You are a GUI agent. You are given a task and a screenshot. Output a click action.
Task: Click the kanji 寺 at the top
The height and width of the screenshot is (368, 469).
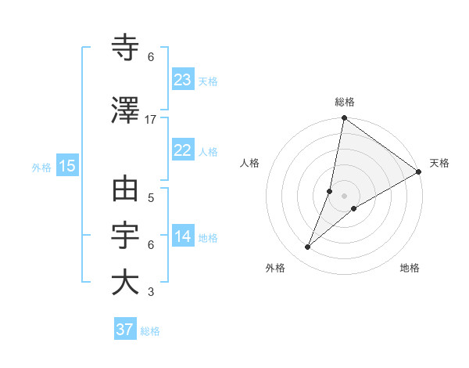(x=125, y=49)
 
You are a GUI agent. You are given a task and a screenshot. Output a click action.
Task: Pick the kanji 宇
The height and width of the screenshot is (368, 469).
(x=125, y=236)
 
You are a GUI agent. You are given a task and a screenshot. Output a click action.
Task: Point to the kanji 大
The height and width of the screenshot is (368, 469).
(x=125, y=283)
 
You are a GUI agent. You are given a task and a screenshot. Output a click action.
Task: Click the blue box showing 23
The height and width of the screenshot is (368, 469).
(x=182, y=80)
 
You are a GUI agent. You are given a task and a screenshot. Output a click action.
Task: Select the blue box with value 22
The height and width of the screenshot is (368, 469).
(x=182, y=150)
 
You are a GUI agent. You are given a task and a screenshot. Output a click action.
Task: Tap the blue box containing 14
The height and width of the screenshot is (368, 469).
(x=182, y=236)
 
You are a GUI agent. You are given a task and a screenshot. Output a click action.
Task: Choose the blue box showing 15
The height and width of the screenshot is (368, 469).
(x=66, y=166)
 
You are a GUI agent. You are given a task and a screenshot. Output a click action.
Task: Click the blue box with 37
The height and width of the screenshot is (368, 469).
(x=124, y=330)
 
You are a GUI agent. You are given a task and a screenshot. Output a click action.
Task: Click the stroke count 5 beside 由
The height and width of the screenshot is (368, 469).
(x=151, y=197)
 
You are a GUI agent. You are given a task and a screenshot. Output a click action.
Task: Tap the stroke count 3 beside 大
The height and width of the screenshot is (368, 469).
(x=151, y=293)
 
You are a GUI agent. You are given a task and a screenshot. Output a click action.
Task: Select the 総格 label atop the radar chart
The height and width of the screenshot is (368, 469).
(x=344, y=102)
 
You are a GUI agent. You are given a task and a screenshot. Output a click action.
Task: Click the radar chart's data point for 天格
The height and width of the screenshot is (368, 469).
(x=419, y=172)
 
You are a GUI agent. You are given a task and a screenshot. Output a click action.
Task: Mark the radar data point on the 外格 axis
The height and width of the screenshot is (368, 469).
(x=308, y=247)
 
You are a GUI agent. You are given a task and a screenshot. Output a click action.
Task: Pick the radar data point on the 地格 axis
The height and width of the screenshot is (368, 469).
(x=354, y=208)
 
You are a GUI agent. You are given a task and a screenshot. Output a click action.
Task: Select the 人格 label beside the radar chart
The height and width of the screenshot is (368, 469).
(x=249, y=163)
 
